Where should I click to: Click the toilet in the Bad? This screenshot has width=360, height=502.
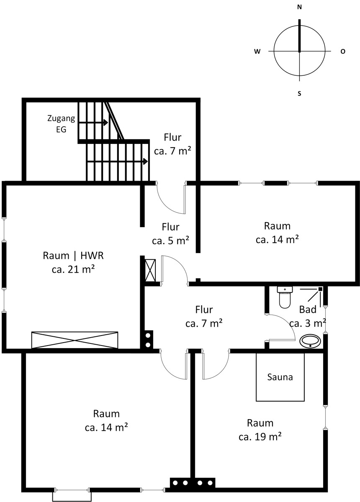[285, 297]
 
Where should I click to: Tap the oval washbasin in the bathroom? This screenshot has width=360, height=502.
[310, 341]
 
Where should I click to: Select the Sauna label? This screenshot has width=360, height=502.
[280, 377]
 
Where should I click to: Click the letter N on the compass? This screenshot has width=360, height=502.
[299, 8]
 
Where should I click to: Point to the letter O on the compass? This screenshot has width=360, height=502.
[343, 51]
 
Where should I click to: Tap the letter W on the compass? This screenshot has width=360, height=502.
[257, 51]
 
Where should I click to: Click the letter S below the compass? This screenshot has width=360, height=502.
[299, 93]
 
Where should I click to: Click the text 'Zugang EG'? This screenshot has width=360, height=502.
[61, 124]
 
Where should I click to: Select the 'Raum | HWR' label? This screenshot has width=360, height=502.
[73, 256]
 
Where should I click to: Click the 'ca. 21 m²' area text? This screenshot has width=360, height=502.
[73, 269]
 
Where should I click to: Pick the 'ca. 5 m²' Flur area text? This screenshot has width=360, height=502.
[170, 241]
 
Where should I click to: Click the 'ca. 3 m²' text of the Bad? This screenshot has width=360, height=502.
[308, 323]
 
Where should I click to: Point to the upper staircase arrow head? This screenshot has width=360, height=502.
[105, 123]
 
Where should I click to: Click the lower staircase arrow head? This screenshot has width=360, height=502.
[145, 161]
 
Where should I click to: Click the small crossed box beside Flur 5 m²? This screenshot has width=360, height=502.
[150, 270]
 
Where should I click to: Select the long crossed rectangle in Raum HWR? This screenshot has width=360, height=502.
[75, 340]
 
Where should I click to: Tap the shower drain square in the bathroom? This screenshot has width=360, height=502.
[320, 289]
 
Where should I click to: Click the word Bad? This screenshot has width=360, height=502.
[308, 310]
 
